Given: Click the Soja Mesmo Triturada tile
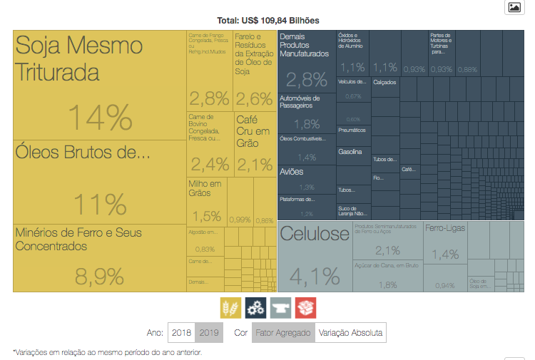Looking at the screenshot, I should (x=78, y=60).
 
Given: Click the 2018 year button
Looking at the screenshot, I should (x=181, y=333).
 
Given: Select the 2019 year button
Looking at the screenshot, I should (x=209, y=333).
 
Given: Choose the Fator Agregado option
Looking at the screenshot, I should (x=283, y=333).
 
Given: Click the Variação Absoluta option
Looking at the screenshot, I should (x=350, y=333).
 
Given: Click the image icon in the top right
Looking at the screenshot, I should (x=514, y=7).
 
